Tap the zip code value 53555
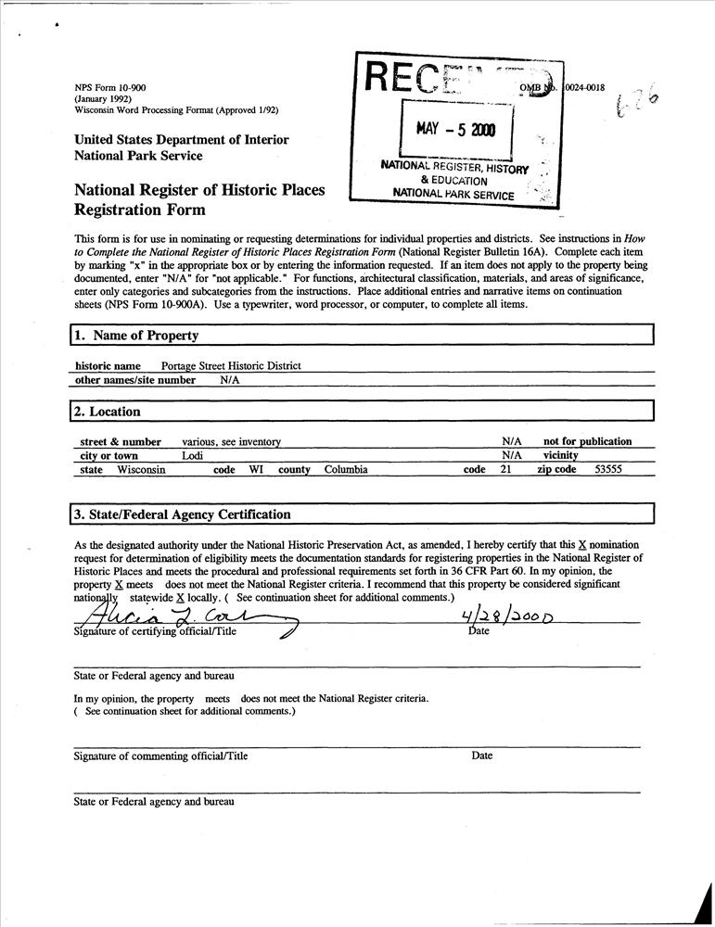point(607,470)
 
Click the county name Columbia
point(346,470)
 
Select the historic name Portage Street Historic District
point(231,366)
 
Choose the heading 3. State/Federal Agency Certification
point(183,514)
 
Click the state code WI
point(255,470)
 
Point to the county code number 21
point(505,470)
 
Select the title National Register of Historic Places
point(199,190)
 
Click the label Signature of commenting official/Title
point(160,756)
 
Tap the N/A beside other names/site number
point(230,380)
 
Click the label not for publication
point(587,442)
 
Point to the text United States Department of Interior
point(182,140)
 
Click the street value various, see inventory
point(231,442)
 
